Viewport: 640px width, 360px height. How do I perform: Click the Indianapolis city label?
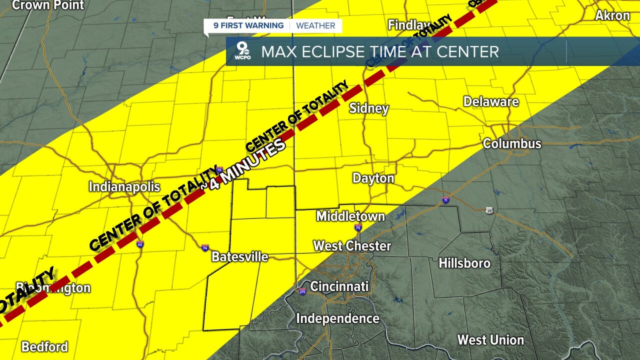(x=124, y=187)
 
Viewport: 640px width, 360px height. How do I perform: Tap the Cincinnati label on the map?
(x=339, y=286)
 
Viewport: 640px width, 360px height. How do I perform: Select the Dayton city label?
(x=373, y=178)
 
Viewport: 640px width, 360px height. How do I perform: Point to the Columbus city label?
(x=511, y=144)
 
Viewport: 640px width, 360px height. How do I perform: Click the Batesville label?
(x=240, y=257)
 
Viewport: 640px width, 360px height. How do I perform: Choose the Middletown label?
(x=350, y=216)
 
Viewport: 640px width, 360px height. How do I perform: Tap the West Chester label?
(x=352, y=246)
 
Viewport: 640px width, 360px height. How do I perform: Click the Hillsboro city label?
(x=464, y=263)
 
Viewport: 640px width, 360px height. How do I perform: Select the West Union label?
(x=490, y=340)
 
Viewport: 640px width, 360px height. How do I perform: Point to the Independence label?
(x=337, y=318)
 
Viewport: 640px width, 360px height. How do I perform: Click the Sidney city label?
(x=369, y=108)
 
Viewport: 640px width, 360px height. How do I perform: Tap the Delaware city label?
(x=491, y=102)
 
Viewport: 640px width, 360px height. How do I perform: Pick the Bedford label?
(x=44, y=347)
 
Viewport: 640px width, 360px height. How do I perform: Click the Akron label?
(x=612, y=15)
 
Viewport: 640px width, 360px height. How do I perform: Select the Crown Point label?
(x=48, y=5)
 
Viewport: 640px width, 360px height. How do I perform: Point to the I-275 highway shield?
(x=302, y=291)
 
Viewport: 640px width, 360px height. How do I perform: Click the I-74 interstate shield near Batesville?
(x=205, y=247)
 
